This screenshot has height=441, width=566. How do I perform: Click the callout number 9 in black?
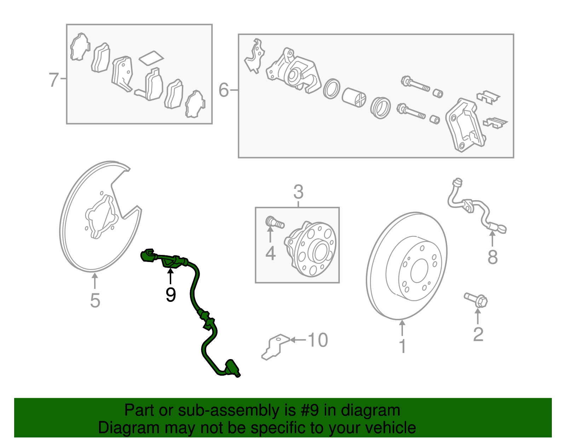[x=171, y=294]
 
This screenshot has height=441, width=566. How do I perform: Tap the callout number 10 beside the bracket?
[x=318, y=340]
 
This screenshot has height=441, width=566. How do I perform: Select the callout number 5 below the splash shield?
[x=95, y=300]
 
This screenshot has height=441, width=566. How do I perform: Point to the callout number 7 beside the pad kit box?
[x=53, y=79]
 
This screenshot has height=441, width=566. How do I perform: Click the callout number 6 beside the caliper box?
[x=224, y=90]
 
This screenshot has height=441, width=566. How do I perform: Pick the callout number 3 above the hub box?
[x=298, y=192]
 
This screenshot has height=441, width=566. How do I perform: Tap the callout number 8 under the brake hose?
[x=492, y=257]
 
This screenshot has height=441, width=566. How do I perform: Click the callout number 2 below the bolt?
[x=478, y=334]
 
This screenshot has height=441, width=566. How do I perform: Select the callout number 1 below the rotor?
[x=402, y=346]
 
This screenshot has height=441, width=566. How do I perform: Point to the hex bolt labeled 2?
[x=476, y=300]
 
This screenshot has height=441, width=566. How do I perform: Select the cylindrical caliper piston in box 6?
[x=354, y=97]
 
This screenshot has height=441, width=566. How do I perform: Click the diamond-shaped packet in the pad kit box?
[x=151, y=59]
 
